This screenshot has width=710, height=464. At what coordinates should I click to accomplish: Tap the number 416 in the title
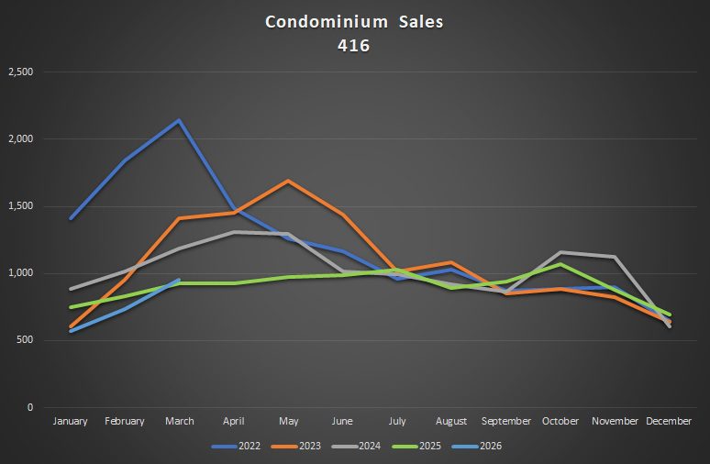(354, 45)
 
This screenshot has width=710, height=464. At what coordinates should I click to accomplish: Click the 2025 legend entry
(425, 447)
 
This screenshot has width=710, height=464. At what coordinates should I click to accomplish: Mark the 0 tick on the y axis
(29, 407)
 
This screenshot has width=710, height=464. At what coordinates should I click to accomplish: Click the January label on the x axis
(71, 421)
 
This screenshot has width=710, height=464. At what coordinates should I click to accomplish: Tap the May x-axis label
(288, 421)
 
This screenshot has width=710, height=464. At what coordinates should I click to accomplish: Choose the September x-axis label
(506, 421)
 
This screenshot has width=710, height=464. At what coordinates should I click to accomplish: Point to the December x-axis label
(669, 421)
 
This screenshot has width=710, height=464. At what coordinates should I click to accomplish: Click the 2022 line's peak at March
(180, 120)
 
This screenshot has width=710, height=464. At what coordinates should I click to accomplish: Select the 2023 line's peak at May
(288, 181)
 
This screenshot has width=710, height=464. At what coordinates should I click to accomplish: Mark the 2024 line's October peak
(560, 252)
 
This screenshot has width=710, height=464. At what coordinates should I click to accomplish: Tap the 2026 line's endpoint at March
(180, 280)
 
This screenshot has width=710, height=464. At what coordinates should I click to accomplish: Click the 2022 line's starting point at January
(71, 218)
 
